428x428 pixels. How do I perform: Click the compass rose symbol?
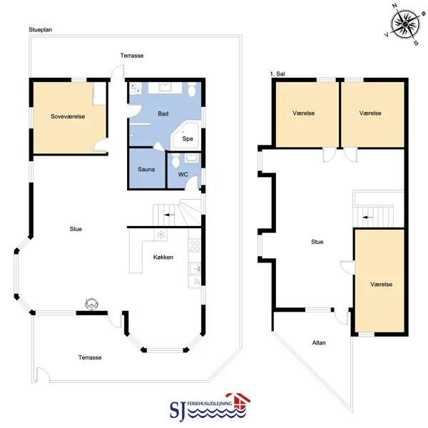coord(405,24)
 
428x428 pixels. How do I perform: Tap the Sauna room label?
coord(146,169)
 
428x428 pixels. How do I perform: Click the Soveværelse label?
coord(68,116)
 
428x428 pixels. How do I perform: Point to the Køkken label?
coord(163,257)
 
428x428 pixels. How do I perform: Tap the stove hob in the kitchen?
coord(195,245)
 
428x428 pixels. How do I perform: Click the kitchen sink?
coord(195,269)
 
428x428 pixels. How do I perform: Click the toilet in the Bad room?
coord(192,89)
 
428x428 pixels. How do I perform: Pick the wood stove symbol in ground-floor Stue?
coord(91,304)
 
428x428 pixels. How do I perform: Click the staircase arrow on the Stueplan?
coord(169,215)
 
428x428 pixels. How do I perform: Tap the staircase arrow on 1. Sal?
coord(367,218)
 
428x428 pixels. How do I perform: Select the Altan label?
coord(319,342)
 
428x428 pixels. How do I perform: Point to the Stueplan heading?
coord(41,30)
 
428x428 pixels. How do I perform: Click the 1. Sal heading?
coord(277,73)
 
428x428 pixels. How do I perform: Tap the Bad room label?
coord(163,113)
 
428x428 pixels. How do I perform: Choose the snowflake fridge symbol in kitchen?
coord(160,235)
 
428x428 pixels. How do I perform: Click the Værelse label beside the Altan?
coord(382,284)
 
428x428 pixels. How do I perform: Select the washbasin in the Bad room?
coord(165,88)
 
